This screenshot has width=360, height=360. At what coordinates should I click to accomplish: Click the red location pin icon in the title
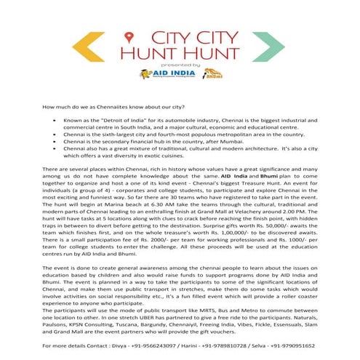(x=129, y=36)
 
